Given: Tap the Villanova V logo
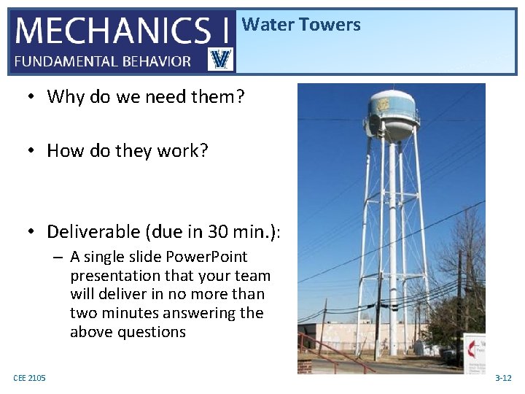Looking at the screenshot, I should [220, 60].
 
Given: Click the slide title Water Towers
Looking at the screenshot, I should [301, 25].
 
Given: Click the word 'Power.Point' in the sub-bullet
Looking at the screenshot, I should [208, 257].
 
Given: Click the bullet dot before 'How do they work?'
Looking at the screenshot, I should [32, 151].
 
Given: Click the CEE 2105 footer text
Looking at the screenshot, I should [29, 377].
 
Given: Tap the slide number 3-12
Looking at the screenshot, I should [503, 378].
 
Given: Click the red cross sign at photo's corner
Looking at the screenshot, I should [474, 348].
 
